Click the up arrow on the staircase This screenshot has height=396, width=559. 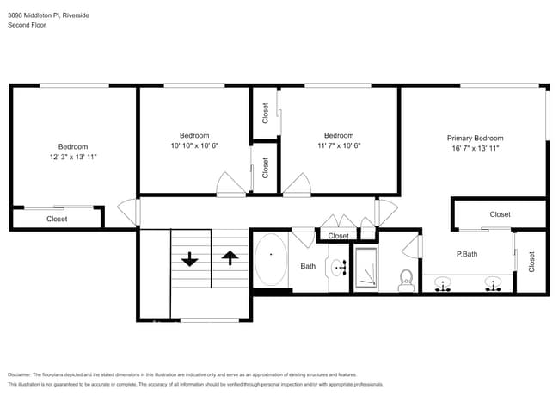click(230, 257)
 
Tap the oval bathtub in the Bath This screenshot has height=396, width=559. click(271, 261)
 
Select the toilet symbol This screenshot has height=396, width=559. click(407, 280)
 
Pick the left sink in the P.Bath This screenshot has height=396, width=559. click(445, 283)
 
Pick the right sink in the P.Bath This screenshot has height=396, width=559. click(494, 283)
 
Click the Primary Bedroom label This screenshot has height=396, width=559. click(475, 138)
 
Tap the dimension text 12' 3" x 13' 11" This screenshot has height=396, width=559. click(73, 158)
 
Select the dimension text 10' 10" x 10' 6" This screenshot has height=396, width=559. click(194, 146)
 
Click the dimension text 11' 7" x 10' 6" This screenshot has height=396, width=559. click(338, 146)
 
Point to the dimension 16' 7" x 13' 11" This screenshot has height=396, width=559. click(475, 149)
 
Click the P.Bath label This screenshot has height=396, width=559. click(467, 254)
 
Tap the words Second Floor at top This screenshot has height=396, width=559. click(27, 25)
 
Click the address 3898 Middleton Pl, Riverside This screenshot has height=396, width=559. click(48, 15)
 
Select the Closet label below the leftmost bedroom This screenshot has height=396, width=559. click(56, 219)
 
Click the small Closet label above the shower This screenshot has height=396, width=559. click(339, 236)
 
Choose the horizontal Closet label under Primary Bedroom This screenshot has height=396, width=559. click(500, 214)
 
